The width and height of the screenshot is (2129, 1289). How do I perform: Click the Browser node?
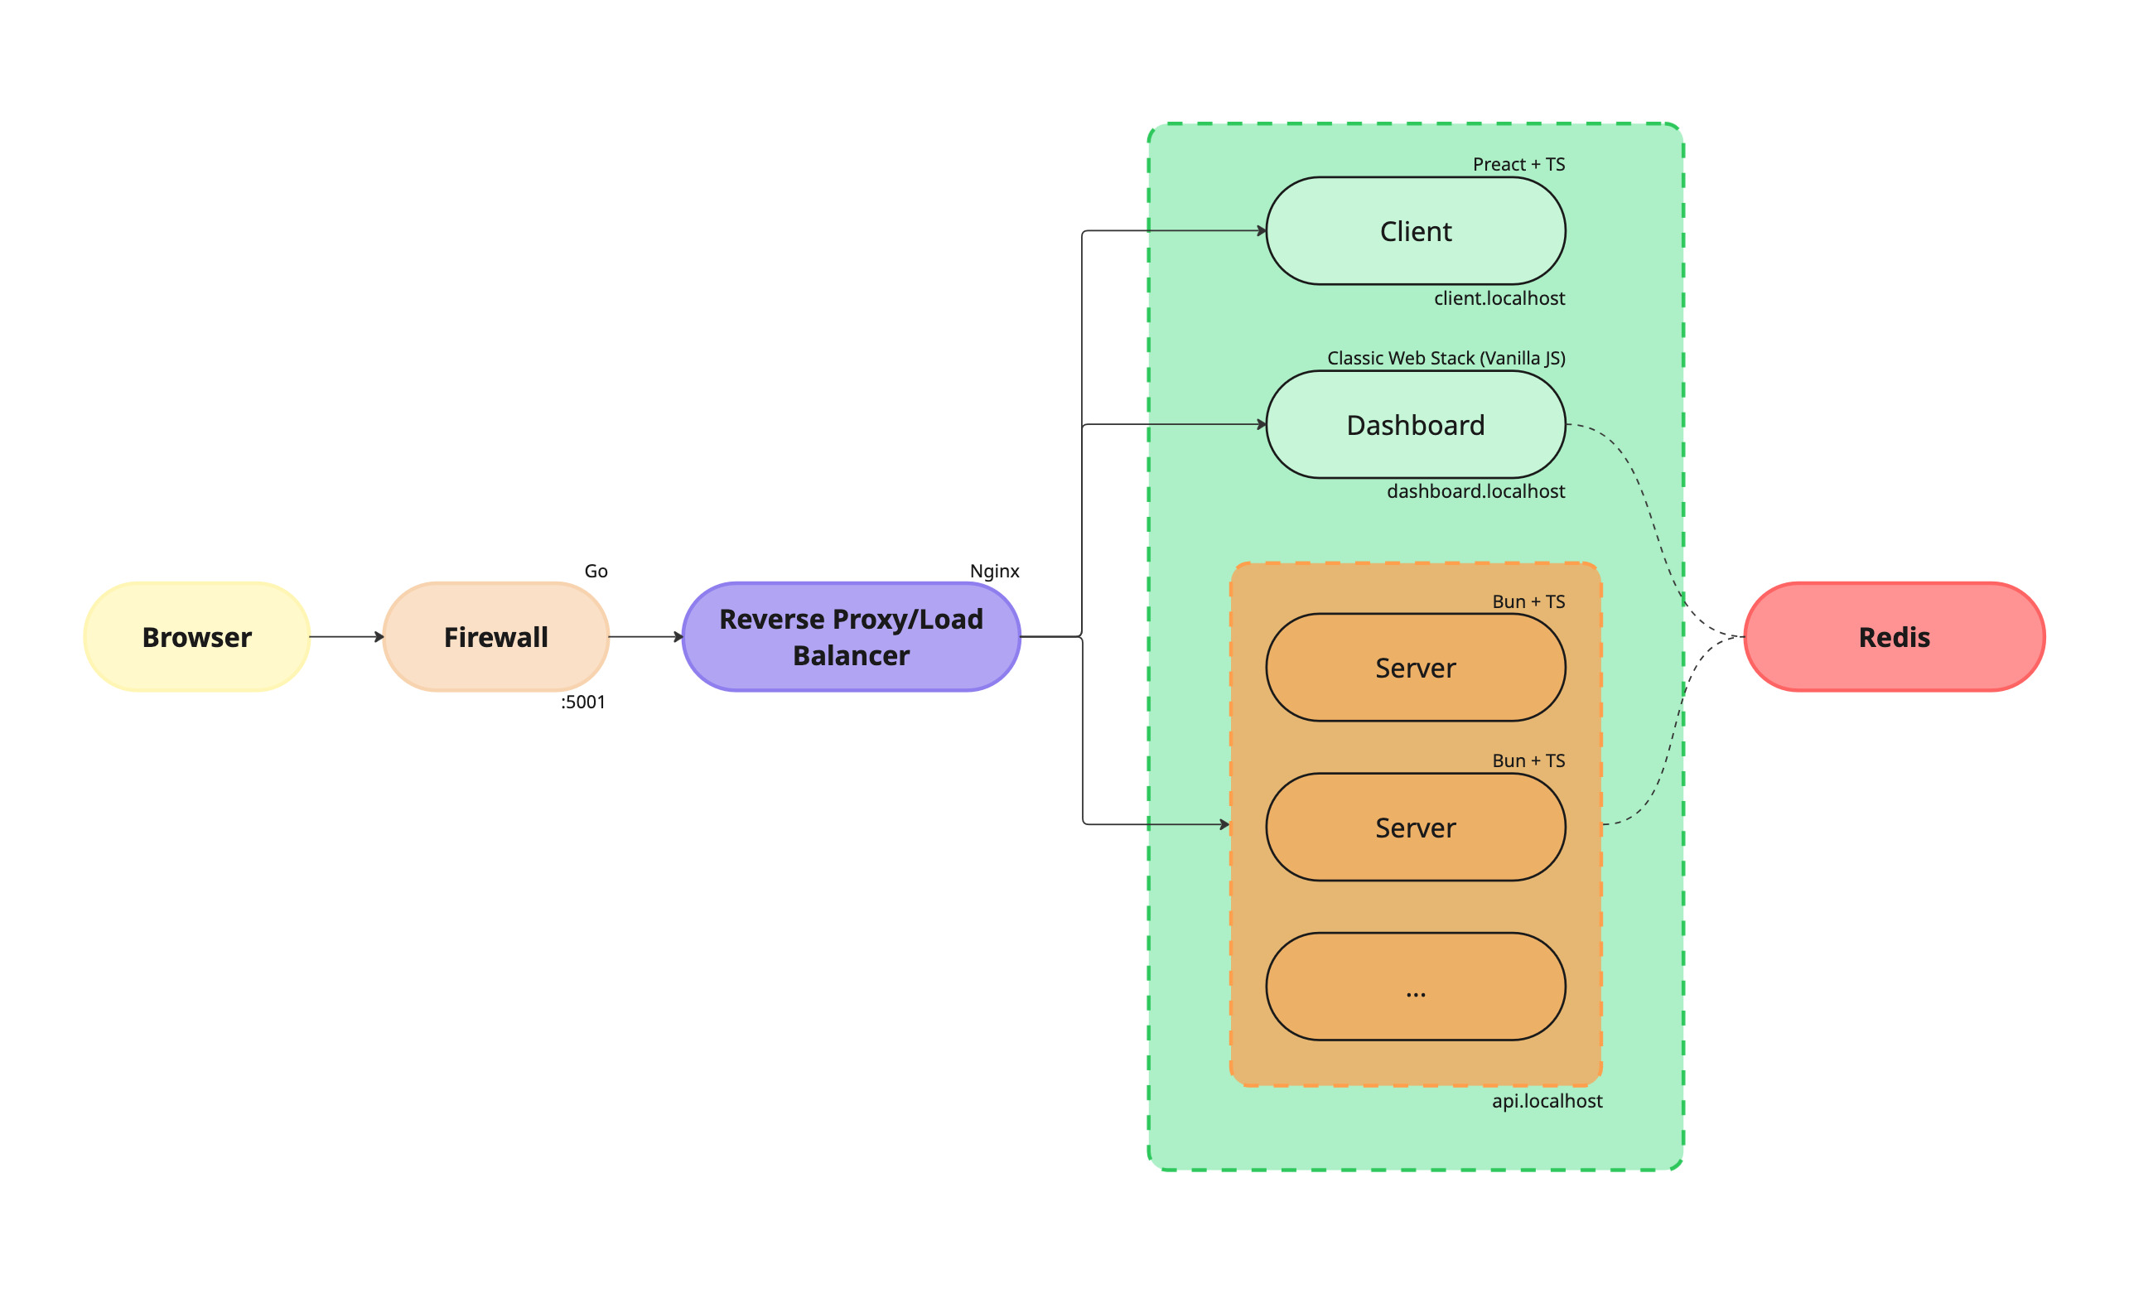[x=197, y=637]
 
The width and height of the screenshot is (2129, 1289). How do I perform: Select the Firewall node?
[x=496, y=637]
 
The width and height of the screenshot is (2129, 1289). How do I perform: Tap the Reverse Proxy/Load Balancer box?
[x=851, y=637]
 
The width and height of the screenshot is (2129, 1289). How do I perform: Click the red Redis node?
[x=1894, y=637]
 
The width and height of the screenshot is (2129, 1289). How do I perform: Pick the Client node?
[x=1415, y=230]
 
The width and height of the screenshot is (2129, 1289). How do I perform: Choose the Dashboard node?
[x=1415, y=424]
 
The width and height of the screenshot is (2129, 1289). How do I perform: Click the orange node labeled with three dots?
[x=1415, y=986]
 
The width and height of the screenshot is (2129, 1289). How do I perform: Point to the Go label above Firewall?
[x=596, y=571]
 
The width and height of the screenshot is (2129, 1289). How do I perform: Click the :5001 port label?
[x=583, y=702]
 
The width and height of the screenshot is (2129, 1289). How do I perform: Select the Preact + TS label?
[x=1518, y=164]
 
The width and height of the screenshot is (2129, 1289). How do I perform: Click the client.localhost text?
[x=1499, y=298]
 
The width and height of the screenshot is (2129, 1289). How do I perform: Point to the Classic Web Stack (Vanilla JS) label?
[x=1446, y=358]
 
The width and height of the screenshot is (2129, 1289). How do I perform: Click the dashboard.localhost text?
[x=1475, y=490]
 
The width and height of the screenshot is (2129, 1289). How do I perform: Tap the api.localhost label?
[x=1547, y=1101]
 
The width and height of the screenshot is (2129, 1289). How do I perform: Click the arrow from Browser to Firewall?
[x=345, y=637]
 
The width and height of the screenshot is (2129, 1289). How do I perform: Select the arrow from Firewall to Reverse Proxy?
[x=645, y=637]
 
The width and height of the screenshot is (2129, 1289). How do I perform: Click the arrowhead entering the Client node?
[x=1262, y=230]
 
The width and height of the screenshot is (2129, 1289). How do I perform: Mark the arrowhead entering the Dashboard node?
[x=1262, y=424]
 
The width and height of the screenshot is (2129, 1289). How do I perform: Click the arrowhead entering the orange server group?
[x=1224, y=824]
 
